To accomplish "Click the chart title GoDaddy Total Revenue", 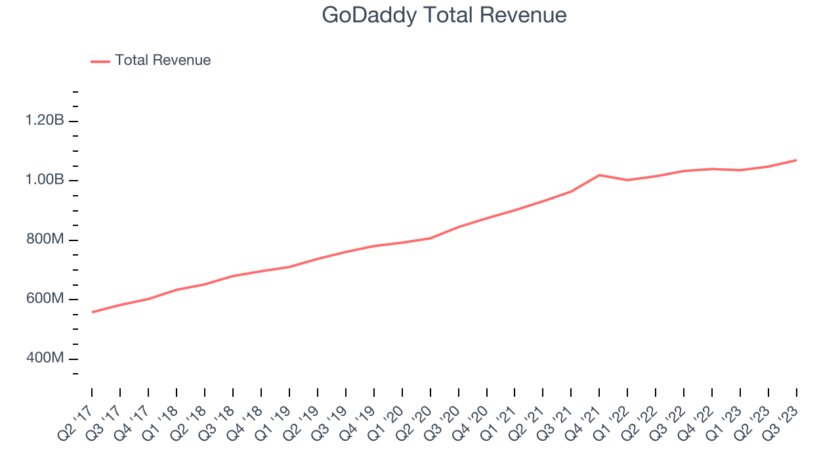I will [444, 15].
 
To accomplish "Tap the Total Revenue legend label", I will [163, 60].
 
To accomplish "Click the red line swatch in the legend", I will [100, 61].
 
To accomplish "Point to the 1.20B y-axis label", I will [45, 121].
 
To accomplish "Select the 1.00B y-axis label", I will [45, 180].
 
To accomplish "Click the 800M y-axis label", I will [45, 240].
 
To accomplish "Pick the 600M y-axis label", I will [45, 299].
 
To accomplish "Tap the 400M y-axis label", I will [45, 359].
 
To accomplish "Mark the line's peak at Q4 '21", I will [599, 175].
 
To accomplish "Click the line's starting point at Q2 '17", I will [92, 312].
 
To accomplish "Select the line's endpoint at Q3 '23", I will [797, 160].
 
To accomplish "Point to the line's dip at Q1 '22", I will [627, 180].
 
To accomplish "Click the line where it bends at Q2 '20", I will [430, 238].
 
